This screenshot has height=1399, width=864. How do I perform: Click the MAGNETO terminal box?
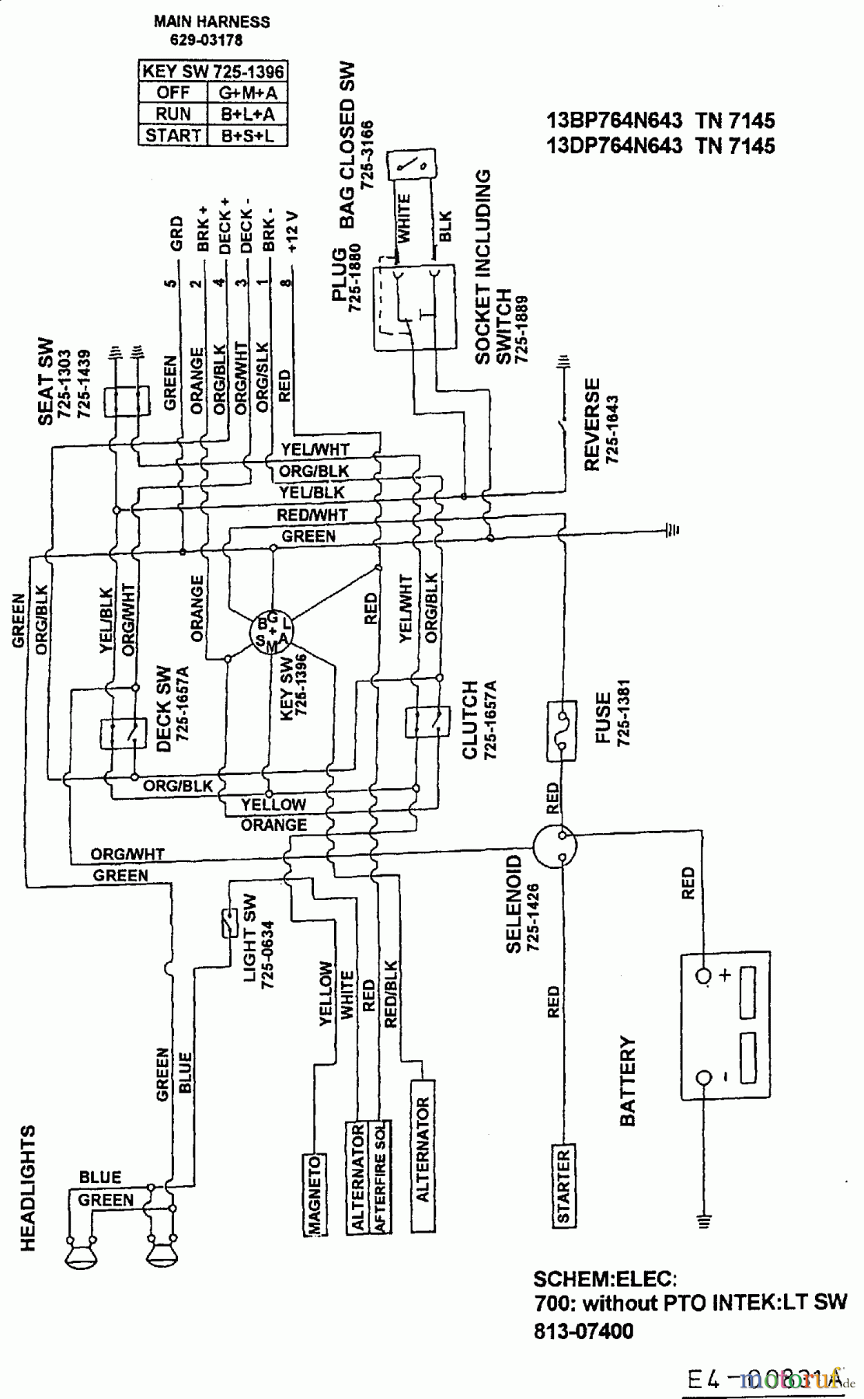[x=313, y=1194]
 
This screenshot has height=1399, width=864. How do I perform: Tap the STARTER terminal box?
[x=563, y=1184]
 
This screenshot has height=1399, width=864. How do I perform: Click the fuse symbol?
[x=562, y=730]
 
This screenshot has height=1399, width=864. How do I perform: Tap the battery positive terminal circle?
[x=705, y=975]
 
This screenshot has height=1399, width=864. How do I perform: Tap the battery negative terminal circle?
[x=705, y=1077]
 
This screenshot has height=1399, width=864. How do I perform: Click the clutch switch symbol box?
[x=427, y=722]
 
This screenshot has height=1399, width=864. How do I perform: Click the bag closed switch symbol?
[x=410, y=164]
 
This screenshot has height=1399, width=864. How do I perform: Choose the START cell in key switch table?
[x=173, y=135]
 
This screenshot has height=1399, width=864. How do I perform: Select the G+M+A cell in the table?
[x=248, y=92]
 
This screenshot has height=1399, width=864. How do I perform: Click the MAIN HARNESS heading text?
[x=211, y=22]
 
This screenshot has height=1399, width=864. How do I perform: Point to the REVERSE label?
[x=593, y=424]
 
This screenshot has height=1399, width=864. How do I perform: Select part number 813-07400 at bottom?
[x=584, y=1331]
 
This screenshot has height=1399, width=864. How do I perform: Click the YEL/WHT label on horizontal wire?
[x=315, y=449]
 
